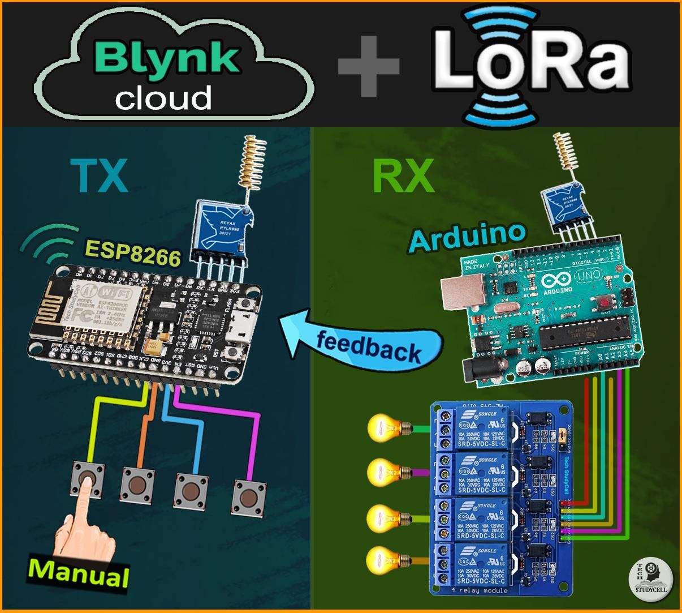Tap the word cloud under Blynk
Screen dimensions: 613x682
163,97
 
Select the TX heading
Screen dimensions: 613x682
100,175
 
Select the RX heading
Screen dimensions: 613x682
403,175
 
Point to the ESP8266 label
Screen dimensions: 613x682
132,253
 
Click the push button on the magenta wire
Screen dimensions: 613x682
248,498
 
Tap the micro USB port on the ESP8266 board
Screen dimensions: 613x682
247,327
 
